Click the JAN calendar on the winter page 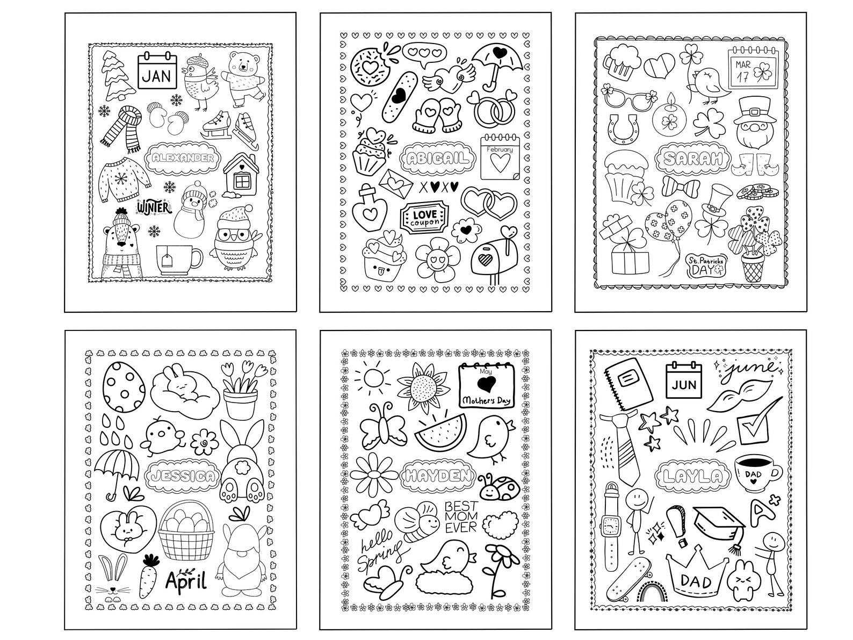157,71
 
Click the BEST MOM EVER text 460,516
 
